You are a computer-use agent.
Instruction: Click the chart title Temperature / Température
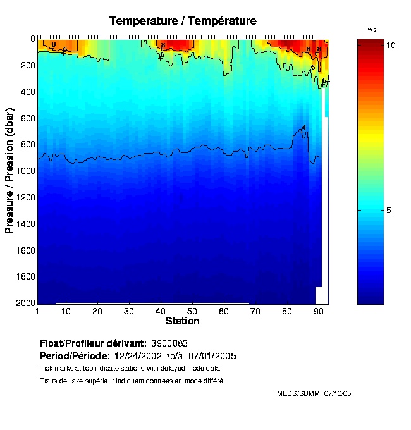(x=183, y=21)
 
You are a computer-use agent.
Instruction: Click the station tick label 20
(x=97, y=311)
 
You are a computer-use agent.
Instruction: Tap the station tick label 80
(x=287, y=311)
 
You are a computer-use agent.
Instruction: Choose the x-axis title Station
(x=183, y=321)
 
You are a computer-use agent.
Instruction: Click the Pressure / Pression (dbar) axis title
(x=10, y=171)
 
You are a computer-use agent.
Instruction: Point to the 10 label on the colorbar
(x=391, y=46)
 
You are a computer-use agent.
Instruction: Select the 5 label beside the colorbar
(x=390, y=210)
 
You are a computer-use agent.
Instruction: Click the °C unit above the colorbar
(x=372, y=30)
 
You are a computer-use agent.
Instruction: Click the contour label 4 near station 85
(x=304, y=128)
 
